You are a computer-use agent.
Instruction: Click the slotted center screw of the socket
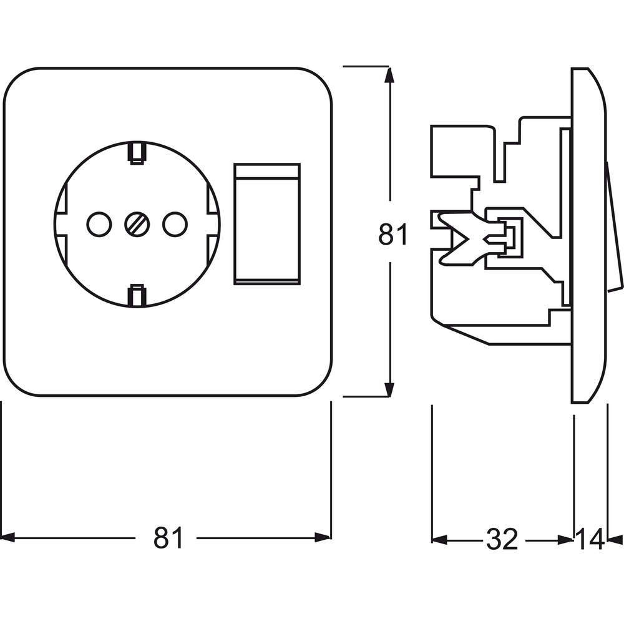click(x=137, y=224)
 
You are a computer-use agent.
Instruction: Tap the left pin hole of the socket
click(x=99, y=224)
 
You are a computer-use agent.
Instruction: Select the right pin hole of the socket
click(x=174, y=224)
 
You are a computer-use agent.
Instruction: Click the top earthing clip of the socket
click(x=137, y=154)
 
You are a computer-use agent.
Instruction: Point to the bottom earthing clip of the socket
click(x=137, y=295)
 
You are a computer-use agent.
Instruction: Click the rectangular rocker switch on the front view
click(x=266, y=224)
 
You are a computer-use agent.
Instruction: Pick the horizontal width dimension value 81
click(x=168, y=537)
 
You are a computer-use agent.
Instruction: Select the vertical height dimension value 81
click(x=392, y=234)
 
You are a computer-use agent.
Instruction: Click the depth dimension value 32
click(x=502, y=539)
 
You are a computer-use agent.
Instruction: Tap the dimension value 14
click(x=590, y=539)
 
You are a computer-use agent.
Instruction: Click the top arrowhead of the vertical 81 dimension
click(x=389, y=75)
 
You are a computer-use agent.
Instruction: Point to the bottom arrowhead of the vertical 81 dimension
click(x=389, y=388)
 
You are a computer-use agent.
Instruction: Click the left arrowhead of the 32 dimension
click(x=439, y=540)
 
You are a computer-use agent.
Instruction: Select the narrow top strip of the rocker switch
click(x=266, y=170)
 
